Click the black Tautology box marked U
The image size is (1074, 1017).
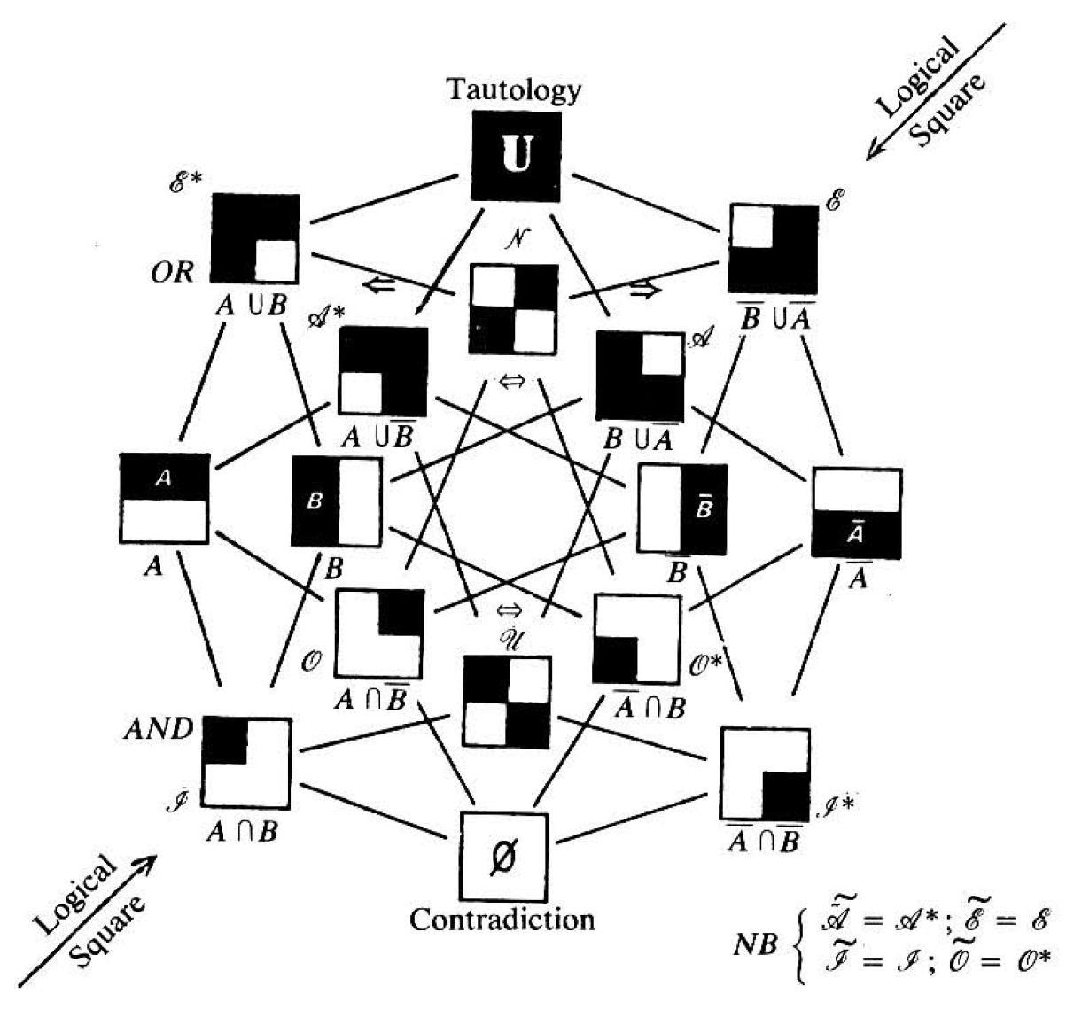tap(515, 155)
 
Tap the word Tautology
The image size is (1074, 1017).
tap(514, 89)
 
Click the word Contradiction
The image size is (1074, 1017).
tap(502, 920)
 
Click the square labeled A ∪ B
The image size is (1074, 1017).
tap(255, 239)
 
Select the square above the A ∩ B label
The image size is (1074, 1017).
tap(246, 763)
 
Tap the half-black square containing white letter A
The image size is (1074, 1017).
tap(164, 498)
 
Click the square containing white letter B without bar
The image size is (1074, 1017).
tap(337, 501)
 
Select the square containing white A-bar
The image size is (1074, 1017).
tap(856, 513)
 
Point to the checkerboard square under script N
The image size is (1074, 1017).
tap(514, 309)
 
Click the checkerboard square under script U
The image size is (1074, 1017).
tap(507, 701)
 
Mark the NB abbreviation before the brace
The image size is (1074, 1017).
tap(757, 944)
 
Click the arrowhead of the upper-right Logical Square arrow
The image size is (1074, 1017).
tap(872, 155)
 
